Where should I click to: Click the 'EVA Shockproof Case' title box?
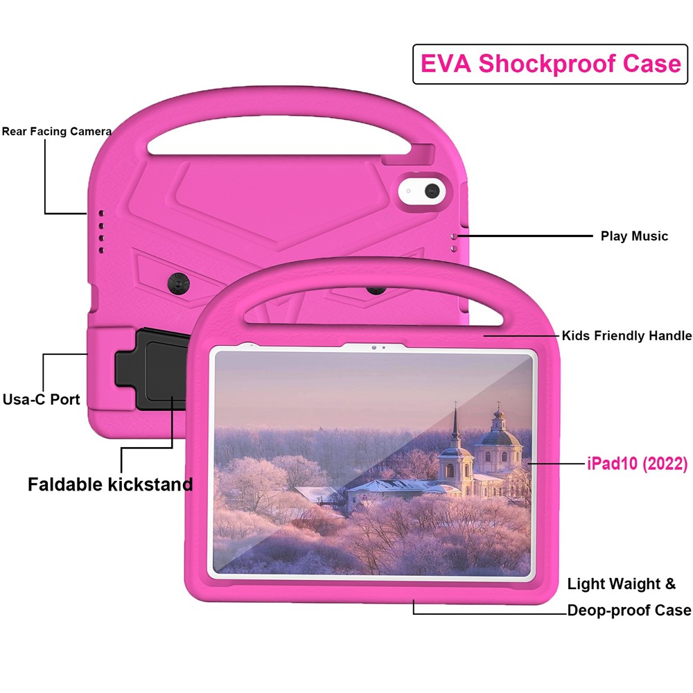point(550,64)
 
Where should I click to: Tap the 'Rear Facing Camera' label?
point(57,131)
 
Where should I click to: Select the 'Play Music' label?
point(634,236)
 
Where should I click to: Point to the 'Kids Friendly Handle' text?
point(626,336)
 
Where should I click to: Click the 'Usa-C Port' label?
point(41,399)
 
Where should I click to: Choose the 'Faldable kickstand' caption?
point(110,484)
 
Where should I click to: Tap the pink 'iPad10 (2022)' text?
point(634,464)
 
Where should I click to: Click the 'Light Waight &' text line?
point(621,584)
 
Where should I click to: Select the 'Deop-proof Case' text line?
point(629,611)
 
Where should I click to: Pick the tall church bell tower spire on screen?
point(455,425)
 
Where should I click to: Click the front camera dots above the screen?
point(378,347)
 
